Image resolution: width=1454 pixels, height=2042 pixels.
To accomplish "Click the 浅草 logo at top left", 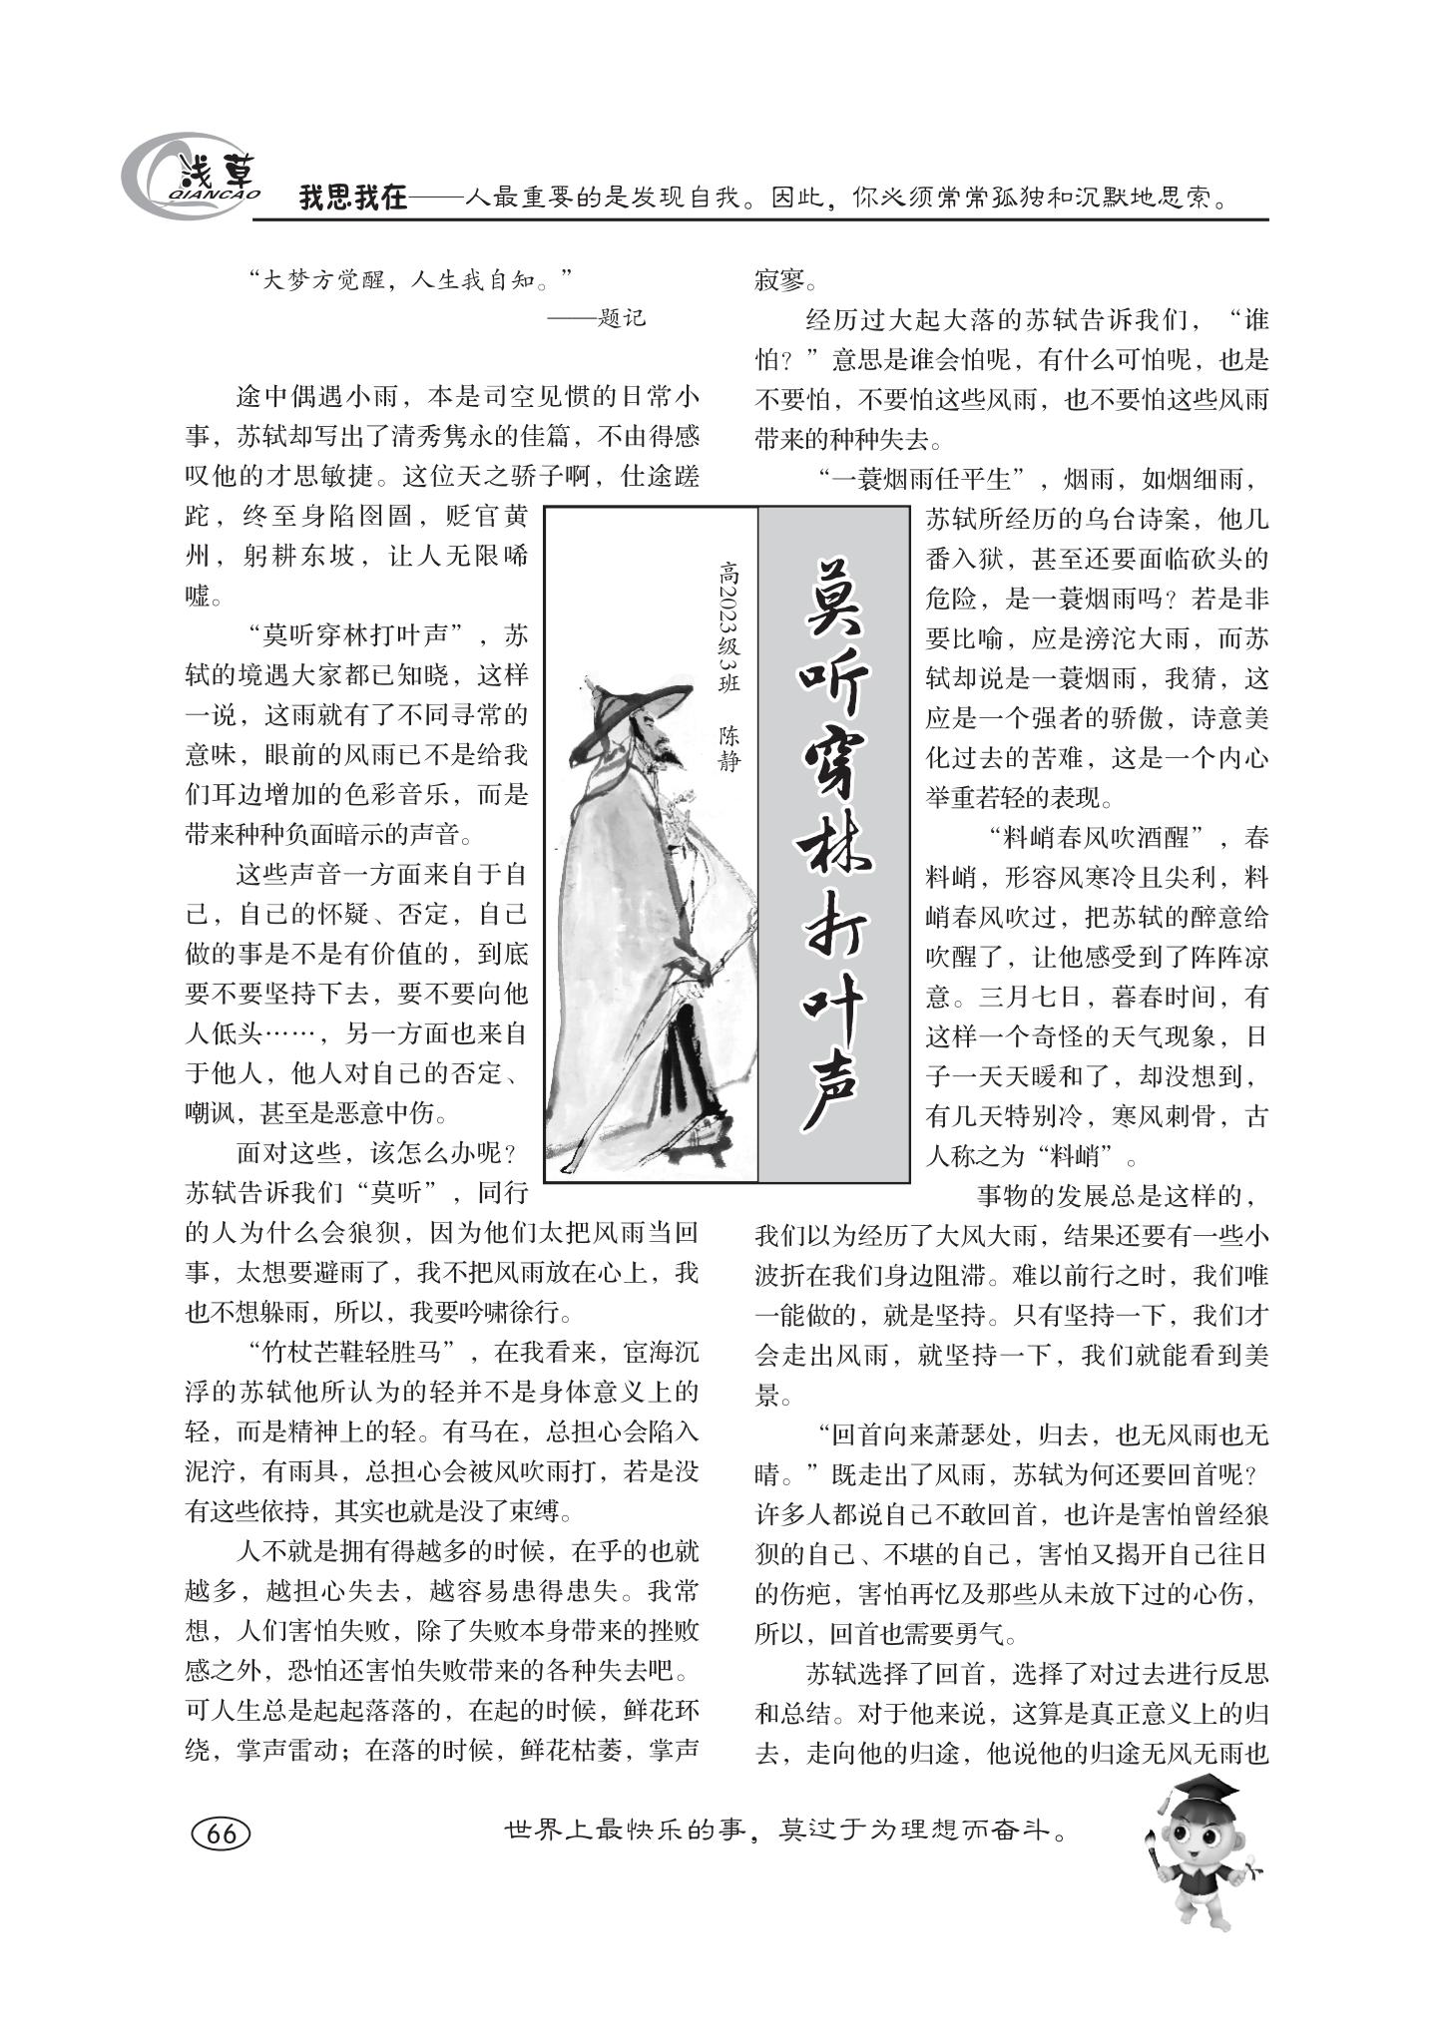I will click(x=191, y=178).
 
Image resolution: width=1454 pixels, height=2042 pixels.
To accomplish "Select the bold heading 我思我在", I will click(x=353, y=199).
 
